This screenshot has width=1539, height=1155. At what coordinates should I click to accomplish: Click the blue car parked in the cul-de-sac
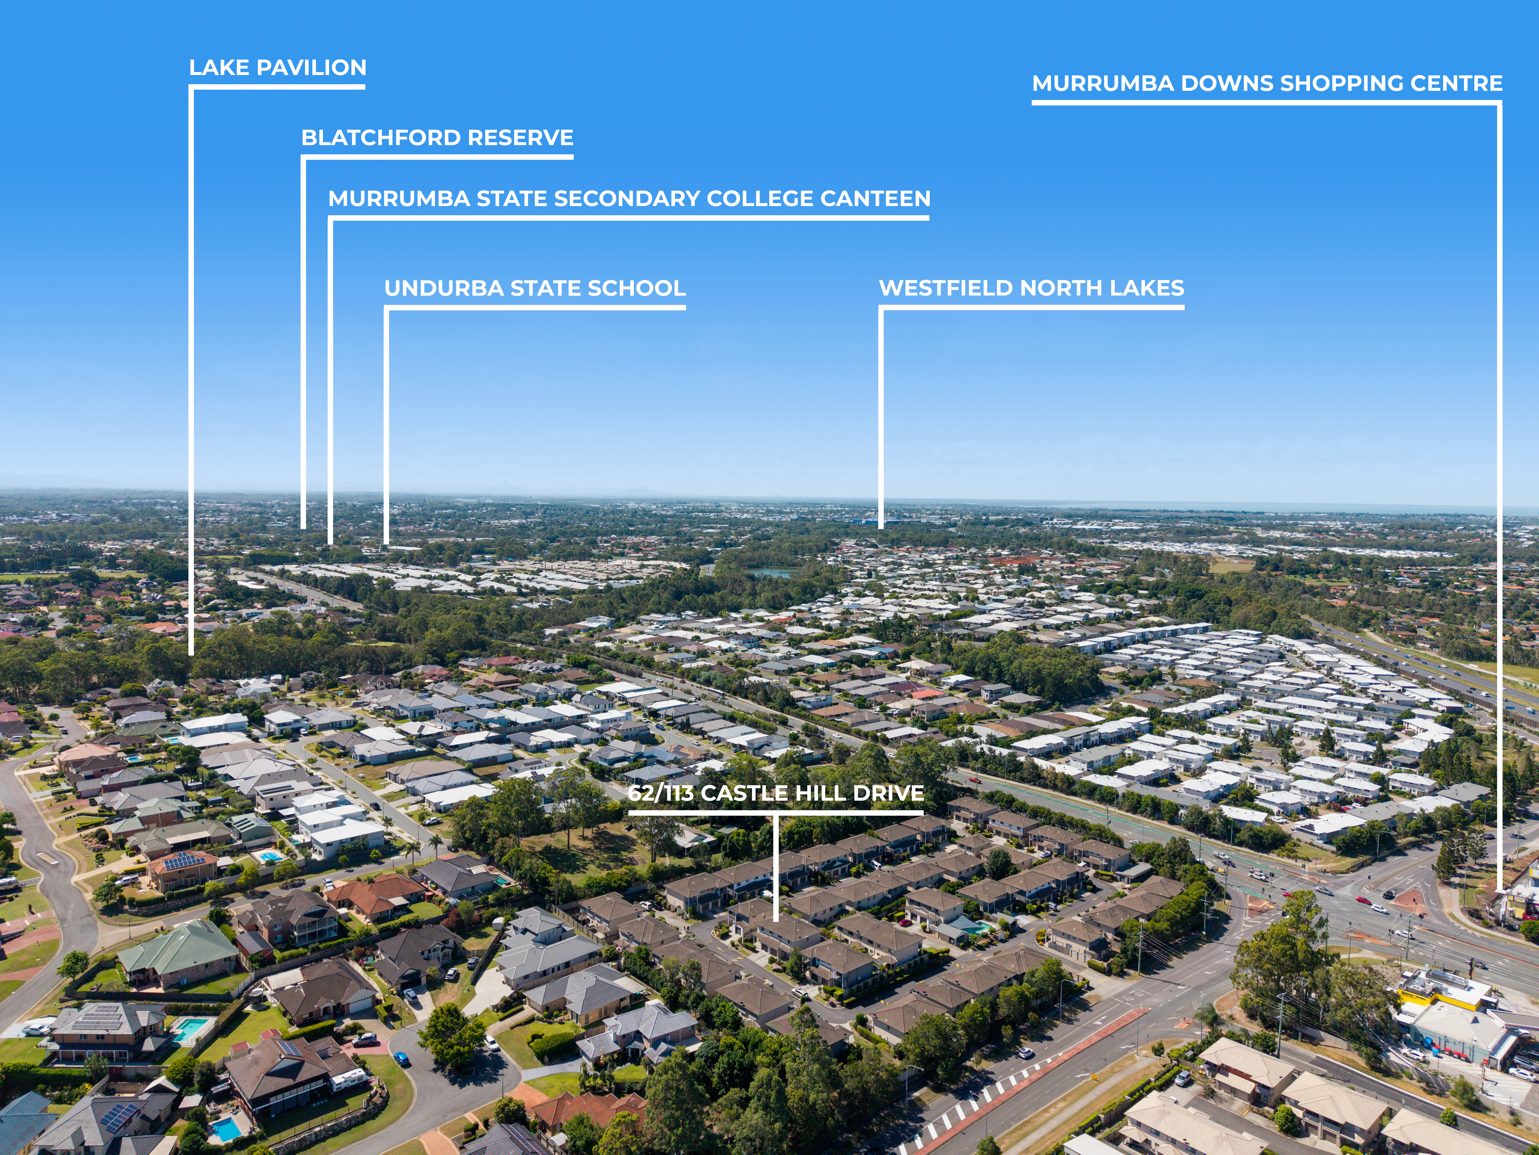pos(401,1059)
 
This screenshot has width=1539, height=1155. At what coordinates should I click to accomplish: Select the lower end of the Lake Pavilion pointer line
pos(191,654)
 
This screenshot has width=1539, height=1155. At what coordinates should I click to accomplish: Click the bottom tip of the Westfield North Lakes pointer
pos(881,527)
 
